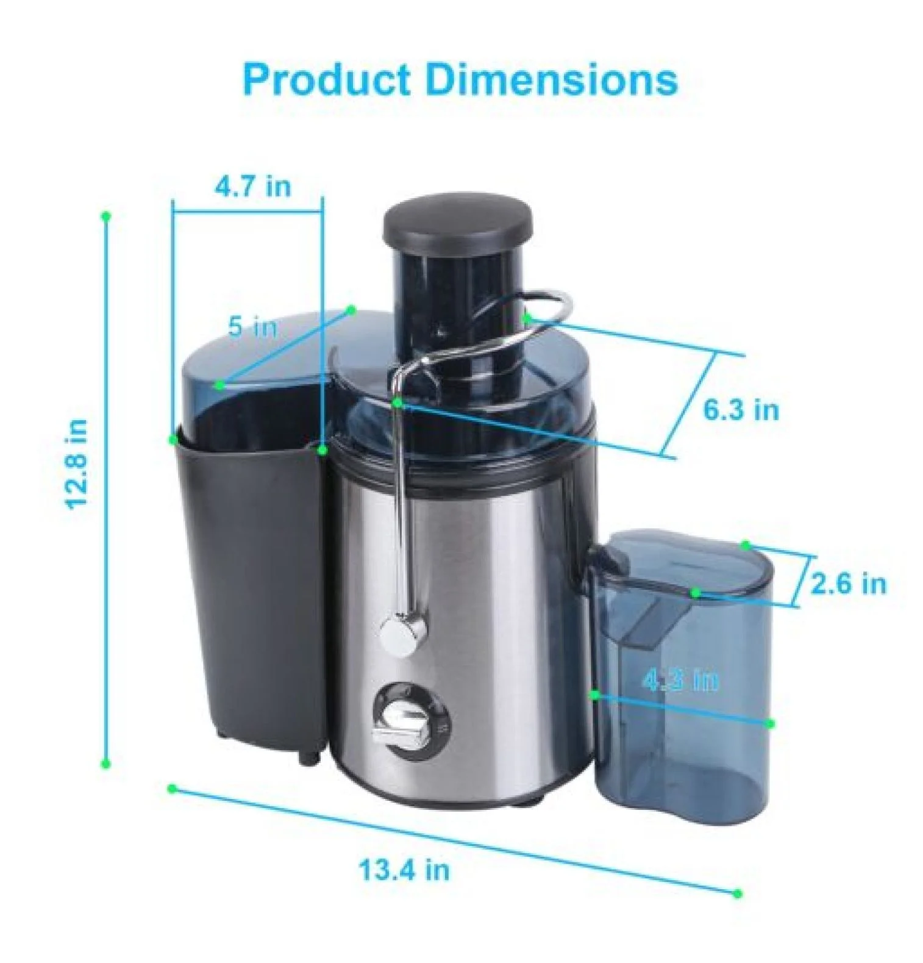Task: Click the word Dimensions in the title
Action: [551, 79]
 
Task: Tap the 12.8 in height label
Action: [78, 464]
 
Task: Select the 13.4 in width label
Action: [404, 868]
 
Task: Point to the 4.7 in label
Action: [253, 186]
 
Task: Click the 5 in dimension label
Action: [252, 327]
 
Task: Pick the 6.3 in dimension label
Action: [741, 409]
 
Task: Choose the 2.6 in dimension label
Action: [848, 584]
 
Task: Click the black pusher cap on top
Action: [457, 223]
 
